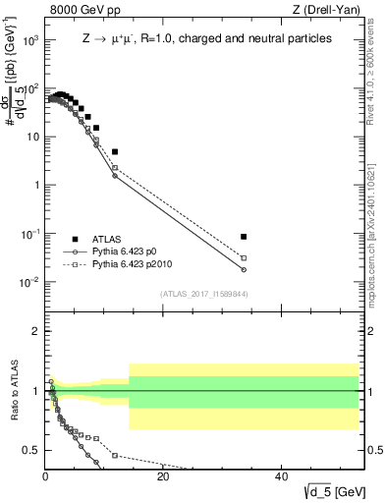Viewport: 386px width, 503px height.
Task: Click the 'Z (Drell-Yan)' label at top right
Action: click(328, 11)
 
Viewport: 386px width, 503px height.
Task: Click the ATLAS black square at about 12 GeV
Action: click(115, 152)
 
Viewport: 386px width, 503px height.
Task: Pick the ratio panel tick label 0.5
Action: click(31, 450)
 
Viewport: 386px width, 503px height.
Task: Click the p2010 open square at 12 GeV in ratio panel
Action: click(115, 456)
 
